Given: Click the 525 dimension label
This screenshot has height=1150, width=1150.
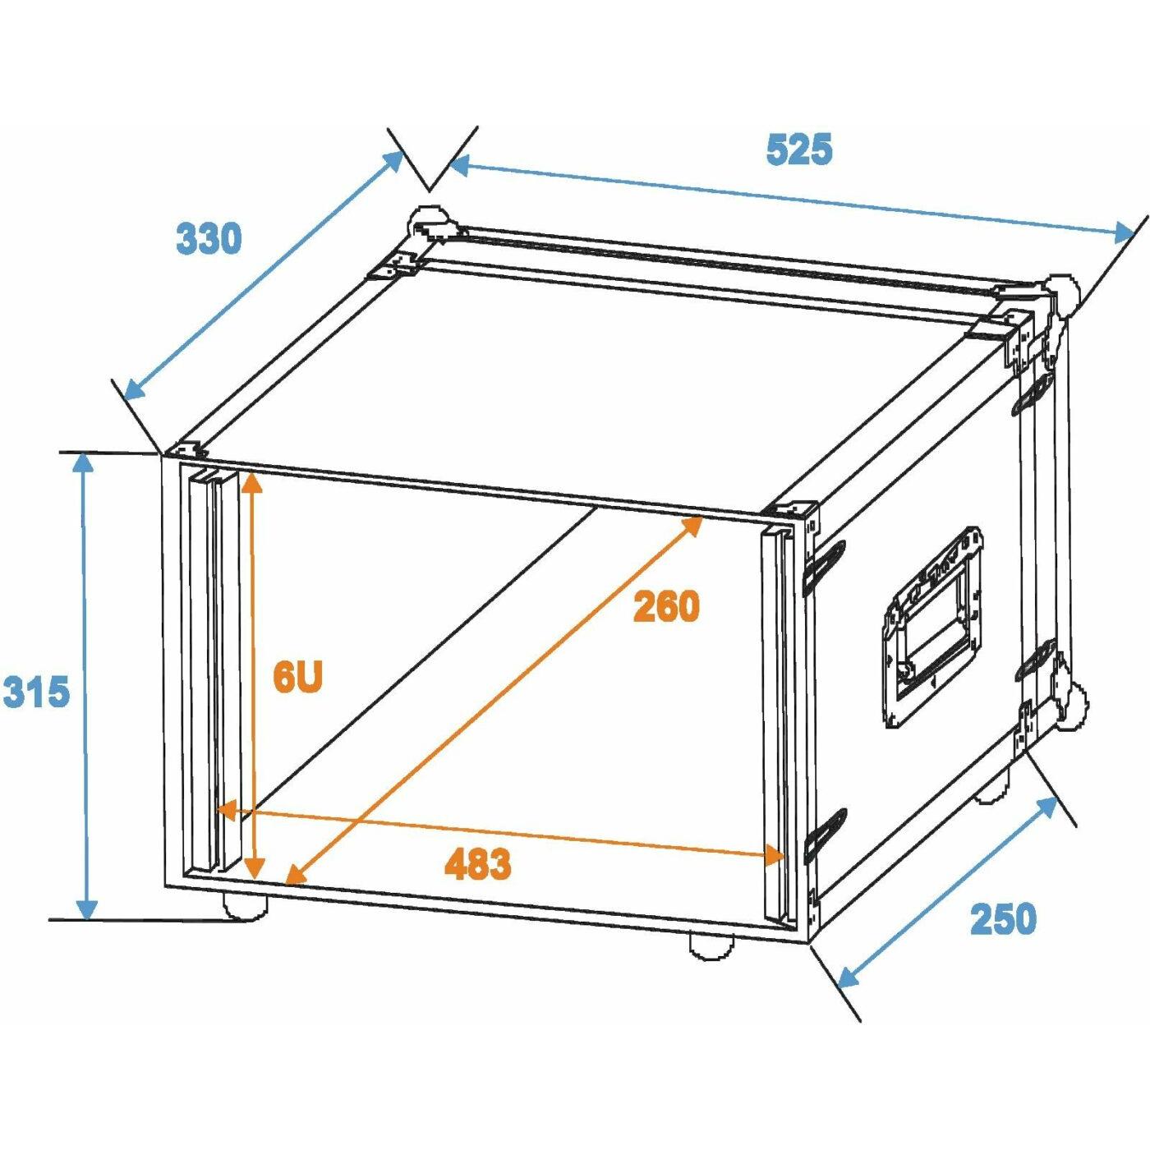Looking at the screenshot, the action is click(798, 149).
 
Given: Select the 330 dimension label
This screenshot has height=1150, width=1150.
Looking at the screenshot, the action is click(209, 238).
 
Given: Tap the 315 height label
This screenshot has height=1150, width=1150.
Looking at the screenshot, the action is click(36, 692).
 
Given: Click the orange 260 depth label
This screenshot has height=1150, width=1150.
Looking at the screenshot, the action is click(666, 606).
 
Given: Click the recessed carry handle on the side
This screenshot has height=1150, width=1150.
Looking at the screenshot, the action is click(933, 628).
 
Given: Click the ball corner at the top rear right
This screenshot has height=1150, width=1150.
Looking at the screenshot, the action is click(1061, 297).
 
